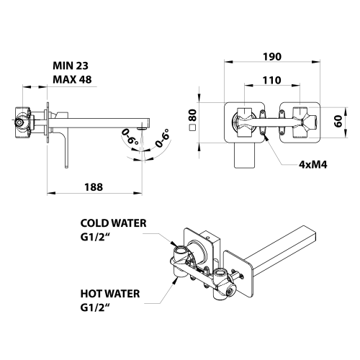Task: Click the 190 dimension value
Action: pyautogui.click(x=272, y=57)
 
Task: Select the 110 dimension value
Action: pyautogui.click(x=271, y=80)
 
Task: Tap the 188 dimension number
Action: pyautogui.click(x=94, y=187)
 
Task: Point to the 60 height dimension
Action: pyautogui.click(x=338, y=121)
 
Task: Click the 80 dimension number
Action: pyautogui.click(x=192, y=115)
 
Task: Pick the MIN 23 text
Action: pyautogui.click(x=71, y=66)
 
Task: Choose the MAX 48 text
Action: pyautogui.click(x=72, y=79)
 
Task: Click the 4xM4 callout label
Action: pyautogui.click(x=313, y=165)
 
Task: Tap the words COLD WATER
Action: pyautogui.click(x=113, y=223)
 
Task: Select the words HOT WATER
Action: pyautogui.click(x=110, y=294)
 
